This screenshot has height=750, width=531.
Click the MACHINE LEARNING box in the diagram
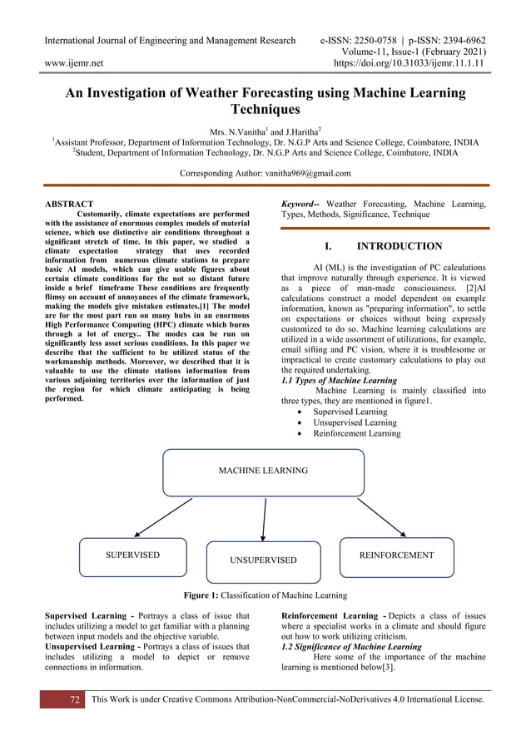click(263, 471)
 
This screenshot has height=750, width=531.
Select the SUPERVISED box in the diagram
click(132, 555)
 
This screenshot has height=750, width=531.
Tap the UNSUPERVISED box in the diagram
click(263, 561)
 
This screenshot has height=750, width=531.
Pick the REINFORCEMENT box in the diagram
click(396, 555)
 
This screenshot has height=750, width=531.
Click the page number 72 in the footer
click(74, 700)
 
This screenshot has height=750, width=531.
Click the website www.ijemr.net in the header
click(73, 62)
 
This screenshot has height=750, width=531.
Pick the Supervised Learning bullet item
click(350, 412)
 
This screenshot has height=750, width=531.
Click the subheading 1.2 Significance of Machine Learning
click(351, 647)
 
